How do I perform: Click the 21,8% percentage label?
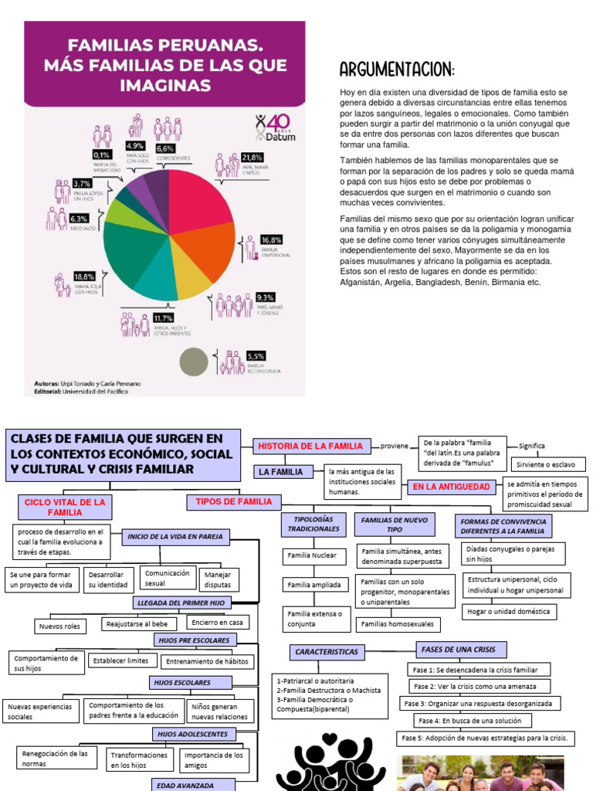[x=252, y=158]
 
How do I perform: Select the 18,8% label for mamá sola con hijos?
[x=84, y=277]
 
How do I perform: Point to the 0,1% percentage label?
[x=100, y=154]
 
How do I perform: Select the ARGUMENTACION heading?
[x=397, y=71]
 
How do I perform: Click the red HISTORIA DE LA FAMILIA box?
[x=310, y=446]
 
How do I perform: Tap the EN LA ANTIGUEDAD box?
[x=451, y=487]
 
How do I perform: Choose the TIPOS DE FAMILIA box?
[x=234, y=502]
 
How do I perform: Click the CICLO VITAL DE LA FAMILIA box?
[x=64, y=507]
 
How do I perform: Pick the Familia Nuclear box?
[x=312, y=555]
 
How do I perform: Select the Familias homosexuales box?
[x=398, y=623]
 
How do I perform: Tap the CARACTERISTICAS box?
[x=326, y=652]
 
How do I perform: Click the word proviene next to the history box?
[x=394, y=446]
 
